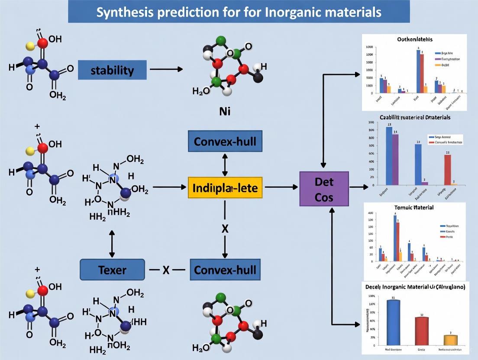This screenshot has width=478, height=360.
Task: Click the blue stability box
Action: pos(112,70)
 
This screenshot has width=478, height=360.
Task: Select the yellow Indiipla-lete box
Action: pos(225,188)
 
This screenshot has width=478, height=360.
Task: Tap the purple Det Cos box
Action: pos(324,188)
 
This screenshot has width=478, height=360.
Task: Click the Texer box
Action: pos(112,270)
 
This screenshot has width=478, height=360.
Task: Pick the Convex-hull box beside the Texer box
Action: pos(225,270)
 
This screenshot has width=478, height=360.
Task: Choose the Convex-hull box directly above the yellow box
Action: pos(225,141)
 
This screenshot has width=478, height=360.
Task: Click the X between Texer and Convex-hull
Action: pos(166,270)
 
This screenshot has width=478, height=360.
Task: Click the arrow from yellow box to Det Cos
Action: pos(281,187)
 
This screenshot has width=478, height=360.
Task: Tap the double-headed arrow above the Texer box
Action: pos(112,244)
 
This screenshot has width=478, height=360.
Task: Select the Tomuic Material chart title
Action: pos(414,207)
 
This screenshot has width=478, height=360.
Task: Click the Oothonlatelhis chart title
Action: pos(414,39)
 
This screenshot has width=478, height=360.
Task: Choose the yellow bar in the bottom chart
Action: pos(450,340)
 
